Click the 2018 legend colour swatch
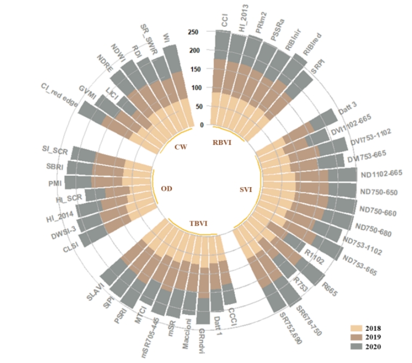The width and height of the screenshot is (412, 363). coord(355,328)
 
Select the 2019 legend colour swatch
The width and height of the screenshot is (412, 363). coord(355,337)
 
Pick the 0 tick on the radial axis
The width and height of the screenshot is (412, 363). coord(201,125)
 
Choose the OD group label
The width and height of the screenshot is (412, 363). coord(167,188)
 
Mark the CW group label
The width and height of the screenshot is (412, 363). coord(180,146)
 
